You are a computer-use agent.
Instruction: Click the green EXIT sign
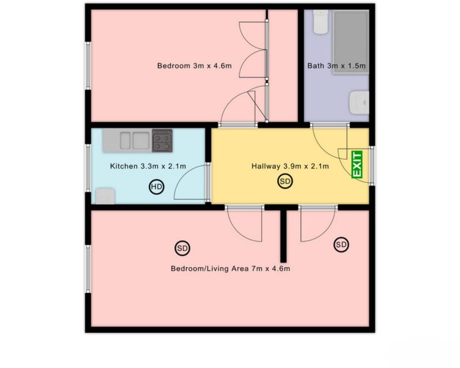[357, 165]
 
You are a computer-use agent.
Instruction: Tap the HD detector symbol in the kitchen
[157, 187]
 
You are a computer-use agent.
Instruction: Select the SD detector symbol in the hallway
[285, 182]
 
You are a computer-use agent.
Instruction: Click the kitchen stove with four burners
[162, 140]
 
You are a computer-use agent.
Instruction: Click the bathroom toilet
[321, 22]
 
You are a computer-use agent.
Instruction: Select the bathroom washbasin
[359, 103]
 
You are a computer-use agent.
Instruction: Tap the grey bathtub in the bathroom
[351, 42]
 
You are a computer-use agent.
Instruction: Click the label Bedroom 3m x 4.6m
[194, 66]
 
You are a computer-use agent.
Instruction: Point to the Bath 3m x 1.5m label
[336, 66]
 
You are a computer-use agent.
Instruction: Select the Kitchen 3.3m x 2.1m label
[148, 166]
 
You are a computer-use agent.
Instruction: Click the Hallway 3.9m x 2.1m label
[290, 166]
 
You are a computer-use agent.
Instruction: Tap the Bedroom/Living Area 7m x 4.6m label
[230, 269]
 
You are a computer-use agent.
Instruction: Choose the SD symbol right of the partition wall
[341, 245]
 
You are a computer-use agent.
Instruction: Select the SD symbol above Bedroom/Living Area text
[182, 248]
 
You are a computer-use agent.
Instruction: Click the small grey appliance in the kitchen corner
[105, 196]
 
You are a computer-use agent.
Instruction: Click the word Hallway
[265, 166]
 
